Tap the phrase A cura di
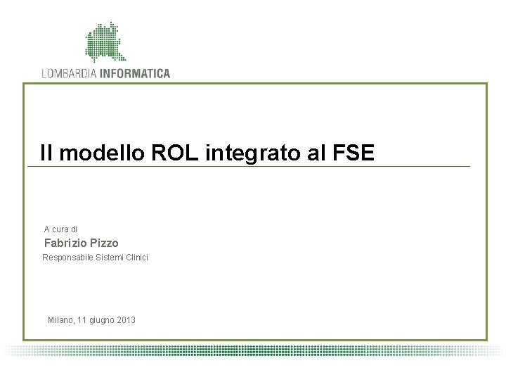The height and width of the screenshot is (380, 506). (x=61, y=229)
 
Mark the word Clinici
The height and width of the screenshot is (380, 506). (x=136, y=258)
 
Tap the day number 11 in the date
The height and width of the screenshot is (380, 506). (x=84, y=320)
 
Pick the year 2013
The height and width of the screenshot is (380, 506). (x=127, y=320)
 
